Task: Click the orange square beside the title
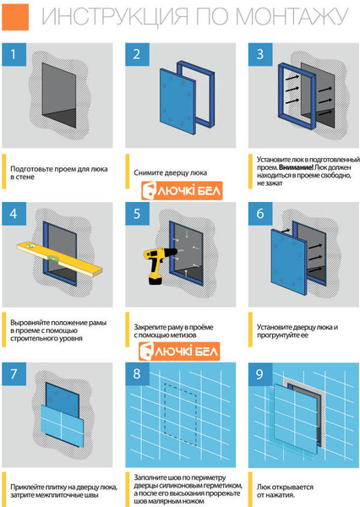point(15,17)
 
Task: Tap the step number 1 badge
point(14,54)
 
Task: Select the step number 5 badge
point(137,214)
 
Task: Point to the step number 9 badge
point(260,373)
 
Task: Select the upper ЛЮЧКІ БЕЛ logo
point(182,190)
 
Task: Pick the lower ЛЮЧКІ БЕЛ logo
point(179,352)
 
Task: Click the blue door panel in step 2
point(177,102)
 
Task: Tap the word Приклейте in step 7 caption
point(26,487)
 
